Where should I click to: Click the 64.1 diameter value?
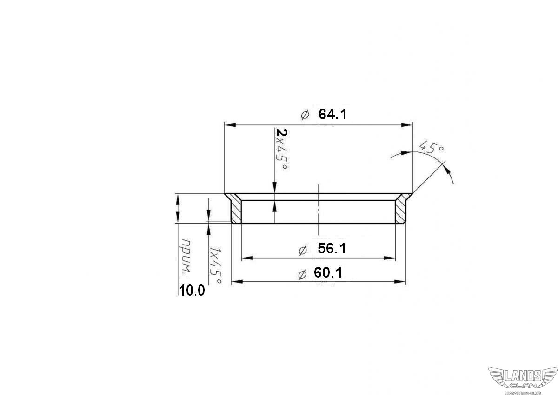point(332,115)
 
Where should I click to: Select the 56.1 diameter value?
point(332,249)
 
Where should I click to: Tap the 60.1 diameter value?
point(328,272)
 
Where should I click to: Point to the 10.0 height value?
point(192,291)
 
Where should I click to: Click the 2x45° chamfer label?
point(282,150)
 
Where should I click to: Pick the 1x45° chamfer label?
point(215,266)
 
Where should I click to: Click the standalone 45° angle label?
point(431,147)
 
